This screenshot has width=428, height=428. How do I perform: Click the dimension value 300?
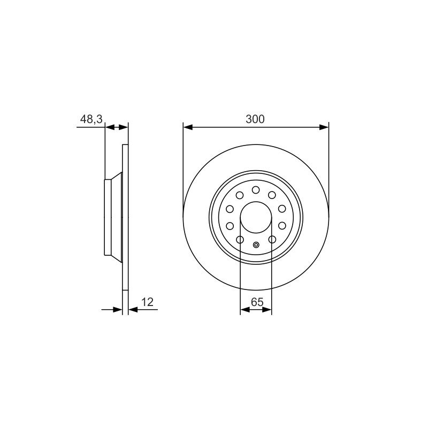tap(255, 119)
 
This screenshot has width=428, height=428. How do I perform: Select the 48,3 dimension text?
tap(91, 119)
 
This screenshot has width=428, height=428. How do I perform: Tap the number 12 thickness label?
tap(148, 302)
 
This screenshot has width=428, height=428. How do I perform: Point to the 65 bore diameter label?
tap(257, 302)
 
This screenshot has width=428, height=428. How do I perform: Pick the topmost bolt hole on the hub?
tap(256, 190)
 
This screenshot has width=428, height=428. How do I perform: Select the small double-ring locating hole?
tap(256, 245)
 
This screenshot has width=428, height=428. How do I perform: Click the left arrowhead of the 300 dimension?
tap(188, 127)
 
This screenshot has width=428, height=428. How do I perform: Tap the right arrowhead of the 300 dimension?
tap(324, 127)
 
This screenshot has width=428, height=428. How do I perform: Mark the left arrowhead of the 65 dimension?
tap(245, 310)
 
